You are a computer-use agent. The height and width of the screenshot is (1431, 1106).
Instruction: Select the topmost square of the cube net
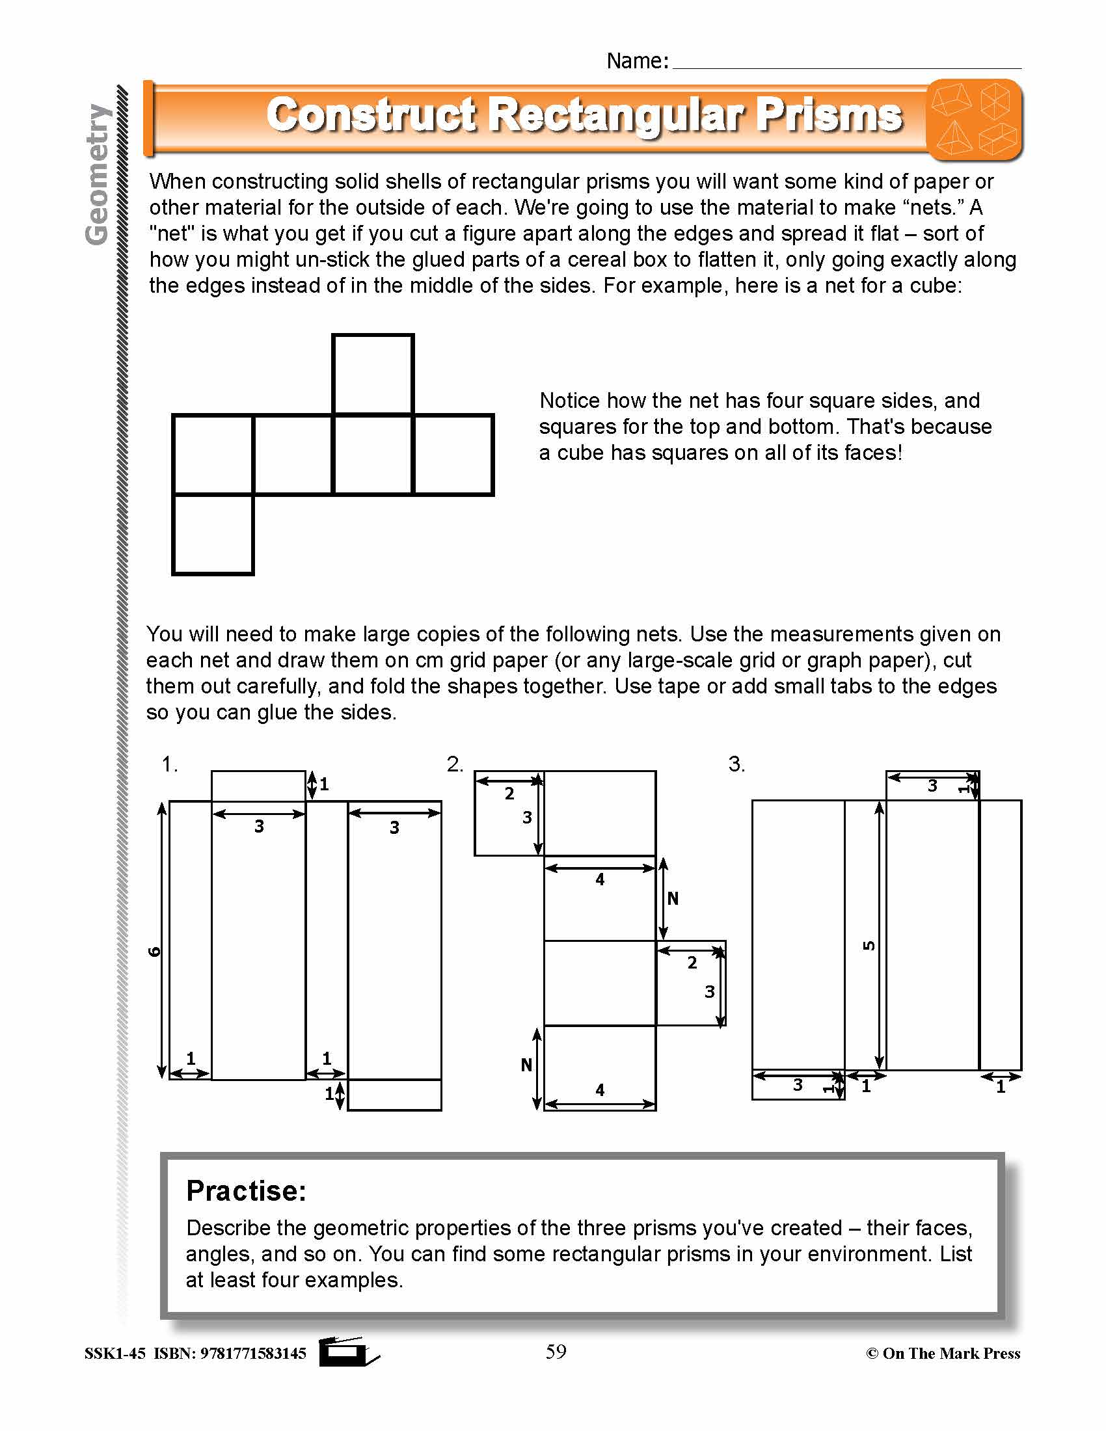[373, 374]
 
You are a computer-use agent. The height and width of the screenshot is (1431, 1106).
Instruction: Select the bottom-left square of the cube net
[213, 535]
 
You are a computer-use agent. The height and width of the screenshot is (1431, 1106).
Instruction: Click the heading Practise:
[247, 1190]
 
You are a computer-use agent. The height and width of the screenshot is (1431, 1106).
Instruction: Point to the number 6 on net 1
[155, 952]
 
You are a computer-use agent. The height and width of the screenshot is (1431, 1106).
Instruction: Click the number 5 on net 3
[869, 946]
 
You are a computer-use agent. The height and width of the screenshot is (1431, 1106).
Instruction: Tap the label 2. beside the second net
[455, 764]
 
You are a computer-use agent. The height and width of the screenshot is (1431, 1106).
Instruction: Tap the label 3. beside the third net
[736, 764]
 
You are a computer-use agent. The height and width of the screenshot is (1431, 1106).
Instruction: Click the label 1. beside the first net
[170, 764]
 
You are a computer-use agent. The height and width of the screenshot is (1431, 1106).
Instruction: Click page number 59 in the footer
[556, 1351]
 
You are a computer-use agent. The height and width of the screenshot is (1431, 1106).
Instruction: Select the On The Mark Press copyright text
[943, 1353]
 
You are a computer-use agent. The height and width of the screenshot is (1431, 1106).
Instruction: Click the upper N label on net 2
[673, 898]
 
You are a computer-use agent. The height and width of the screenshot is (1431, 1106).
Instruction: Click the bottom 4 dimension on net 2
[600, 1090]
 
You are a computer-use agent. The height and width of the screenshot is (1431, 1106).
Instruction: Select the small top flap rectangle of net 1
[258, 786]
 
